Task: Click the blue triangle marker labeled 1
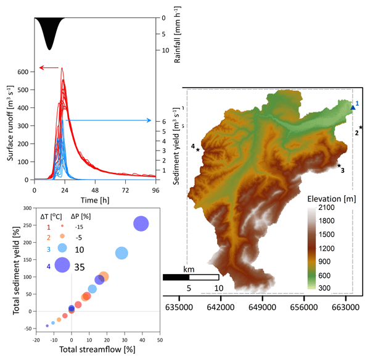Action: tap(352, 107)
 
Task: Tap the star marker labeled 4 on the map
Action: tap(198, 149)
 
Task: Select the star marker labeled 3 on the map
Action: tap(339, 165)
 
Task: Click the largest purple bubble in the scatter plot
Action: tap(141, 224)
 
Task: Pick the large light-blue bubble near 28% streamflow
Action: tap(121, 253)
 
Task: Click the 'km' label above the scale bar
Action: tap(190, 269)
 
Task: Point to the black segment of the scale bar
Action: tap(176, 277)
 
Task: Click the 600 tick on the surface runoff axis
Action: tap(23, 72)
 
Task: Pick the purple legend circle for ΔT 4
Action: tap(62, 265)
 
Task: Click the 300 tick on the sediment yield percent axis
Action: tap(28, 208)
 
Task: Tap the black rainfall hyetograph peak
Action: tap(50, 48)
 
